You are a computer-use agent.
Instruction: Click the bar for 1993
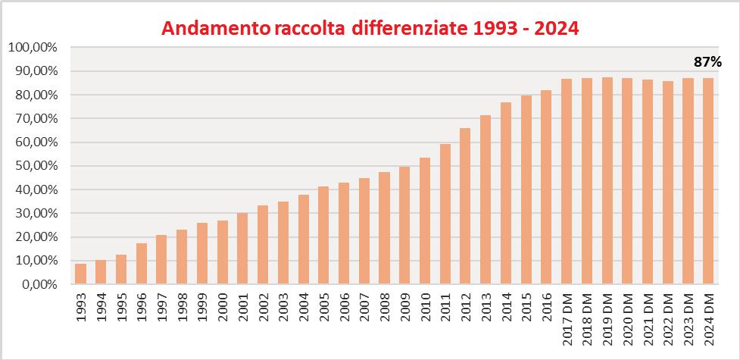click(x=80, y=274)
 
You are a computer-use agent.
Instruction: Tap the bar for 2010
click(x=425, y=221)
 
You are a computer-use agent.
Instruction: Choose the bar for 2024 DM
click(x=708, y=181)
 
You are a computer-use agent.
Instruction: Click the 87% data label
click(x=708, y=61)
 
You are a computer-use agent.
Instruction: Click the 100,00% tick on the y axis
click(x=33, y=48)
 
